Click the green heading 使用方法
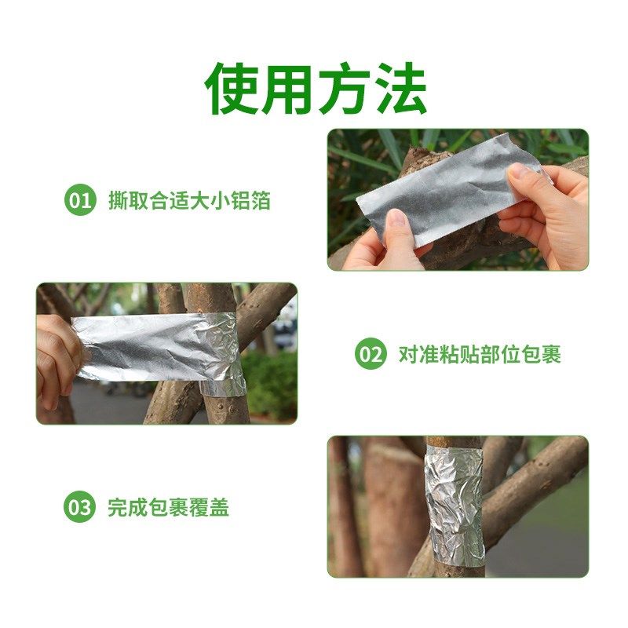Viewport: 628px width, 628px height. pyautogui.click(x=316, y=87)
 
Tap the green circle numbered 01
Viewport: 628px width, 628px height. pyautogui.click(x=79, y=200)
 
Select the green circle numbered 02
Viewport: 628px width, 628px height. pyautogui.click(x=371, y=354)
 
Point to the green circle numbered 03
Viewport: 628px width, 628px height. pyautogui.click(x=79, y=507)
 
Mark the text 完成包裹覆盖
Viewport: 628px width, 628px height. pyautogui.click(x=168, y=507)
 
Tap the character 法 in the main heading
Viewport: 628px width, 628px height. pyautogui.click(x=400, y=87)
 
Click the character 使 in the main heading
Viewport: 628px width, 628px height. pyautogui.click(x=232, y=87)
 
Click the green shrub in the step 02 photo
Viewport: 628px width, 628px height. pyautogui.click(x=271, y=385)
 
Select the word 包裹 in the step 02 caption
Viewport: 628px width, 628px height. pyautogui.click(x=541, y=354)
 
